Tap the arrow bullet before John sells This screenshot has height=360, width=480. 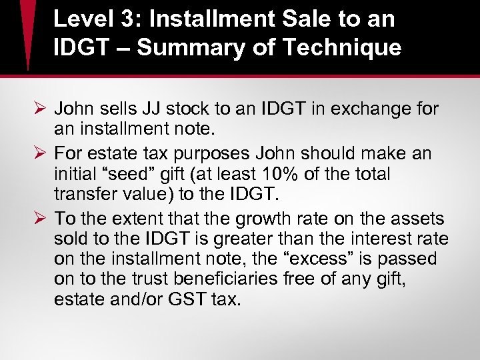(x=37, y=108)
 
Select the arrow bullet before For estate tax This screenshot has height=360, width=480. (x=37, y=154)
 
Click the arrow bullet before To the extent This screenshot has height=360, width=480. (x=37, y=219)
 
